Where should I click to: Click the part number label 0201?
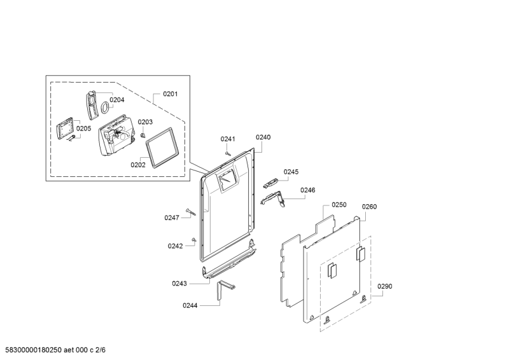(170, 94)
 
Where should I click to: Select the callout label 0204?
(116, 100)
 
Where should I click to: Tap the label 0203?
(145, 122)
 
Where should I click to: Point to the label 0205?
(83, 128)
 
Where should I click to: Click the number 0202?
(138, 165)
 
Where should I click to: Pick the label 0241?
(228, 139)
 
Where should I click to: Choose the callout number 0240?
(263, 137)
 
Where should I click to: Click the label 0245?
(291, 172)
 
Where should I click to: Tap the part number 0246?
(308, 190)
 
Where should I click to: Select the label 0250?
(338, 205)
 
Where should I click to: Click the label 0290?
(385, 287)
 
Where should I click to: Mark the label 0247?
(172, 218)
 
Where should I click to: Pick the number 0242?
(175, 246)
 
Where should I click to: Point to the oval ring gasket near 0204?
(101, 109)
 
